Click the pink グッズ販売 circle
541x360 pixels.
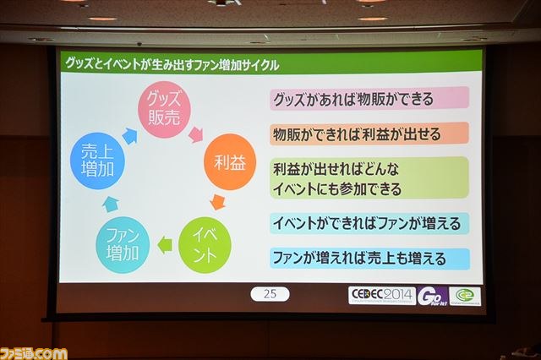(164, 109)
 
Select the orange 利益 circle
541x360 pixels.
(230, 162)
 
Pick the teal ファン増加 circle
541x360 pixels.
(123, 244)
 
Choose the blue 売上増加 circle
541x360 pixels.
(97, 161)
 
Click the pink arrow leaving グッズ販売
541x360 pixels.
(196, 134)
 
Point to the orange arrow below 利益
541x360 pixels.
(218, 202)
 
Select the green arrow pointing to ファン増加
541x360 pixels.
(165, 245)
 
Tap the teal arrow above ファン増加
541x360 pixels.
(111, 204)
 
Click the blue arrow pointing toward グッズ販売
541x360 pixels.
(130, 135)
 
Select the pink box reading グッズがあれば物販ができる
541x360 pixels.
(369, 98)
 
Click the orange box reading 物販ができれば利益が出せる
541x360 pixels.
(369, 134)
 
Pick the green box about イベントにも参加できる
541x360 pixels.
(369, 178)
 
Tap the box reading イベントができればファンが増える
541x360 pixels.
(369, 223)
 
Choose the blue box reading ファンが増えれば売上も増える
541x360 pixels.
(369, 259)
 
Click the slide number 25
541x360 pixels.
(270, 294)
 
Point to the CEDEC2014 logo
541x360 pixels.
(382, 296)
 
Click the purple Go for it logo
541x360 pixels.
(433, 297)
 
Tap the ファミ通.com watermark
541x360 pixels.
(34, 354)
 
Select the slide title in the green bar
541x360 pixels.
(172, 64)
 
